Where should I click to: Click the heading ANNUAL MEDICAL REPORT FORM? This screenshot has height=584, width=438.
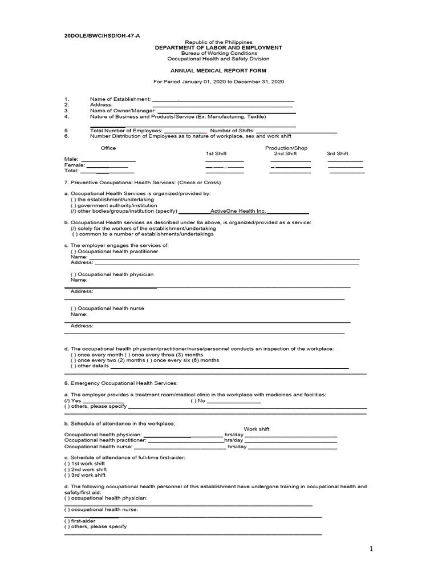[218, 71]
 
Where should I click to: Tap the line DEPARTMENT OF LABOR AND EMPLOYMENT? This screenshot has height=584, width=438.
[219, 48]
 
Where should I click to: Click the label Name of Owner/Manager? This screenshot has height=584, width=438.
[122, 111]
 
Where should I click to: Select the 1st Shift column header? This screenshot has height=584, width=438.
[216, 154]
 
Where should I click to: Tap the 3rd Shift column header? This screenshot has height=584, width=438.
[337, 154]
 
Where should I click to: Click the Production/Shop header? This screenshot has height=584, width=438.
[286, 148]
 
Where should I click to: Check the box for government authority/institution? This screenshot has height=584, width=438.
[74, 205]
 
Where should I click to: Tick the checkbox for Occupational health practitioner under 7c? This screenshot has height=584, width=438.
[74, 252]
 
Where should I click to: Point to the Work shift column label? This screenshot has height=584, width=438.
[257, 429]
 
